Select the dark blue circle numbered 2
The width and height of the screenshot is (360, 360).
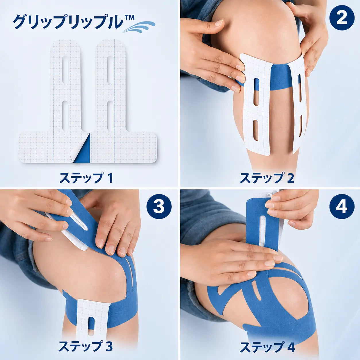(342, 18)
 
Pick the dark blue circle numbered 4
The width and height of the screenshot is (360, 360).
(342, 207)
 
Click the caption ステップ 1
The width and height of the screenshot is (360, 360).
(86, 178)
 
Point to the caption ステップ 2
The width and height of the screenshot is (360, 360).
(267, 178)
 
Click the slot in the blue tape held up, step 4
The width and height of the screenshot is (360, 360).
(263, 232)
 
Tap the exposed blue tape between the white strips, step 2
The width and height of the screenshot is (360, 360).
(280, 80)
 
